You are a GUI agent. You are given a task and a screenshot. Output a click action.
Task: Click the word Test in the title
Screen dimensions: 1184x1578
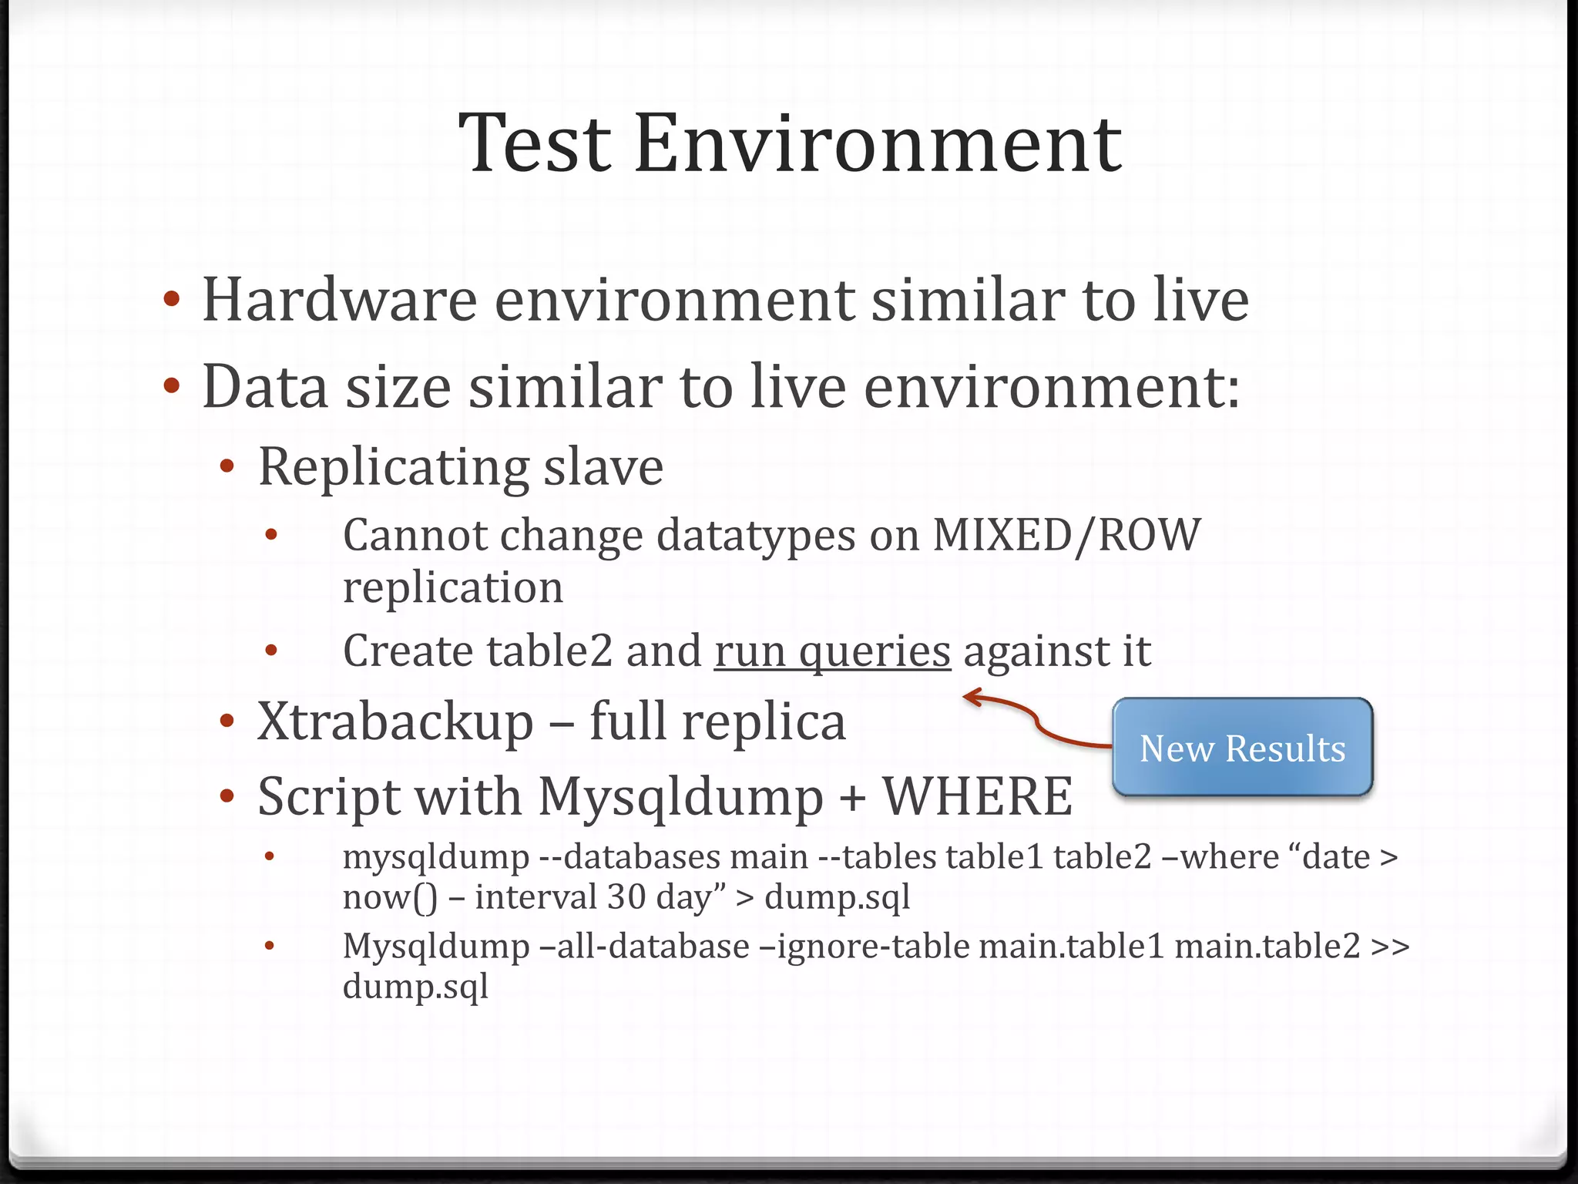(536, 143)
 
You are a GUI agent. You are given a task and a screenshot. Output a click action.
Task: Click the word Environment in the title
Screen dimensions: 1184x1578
(878, 143)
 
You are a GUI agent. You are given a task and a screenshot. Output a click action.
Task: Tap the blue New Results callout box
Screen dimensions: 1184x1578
(1242, 747)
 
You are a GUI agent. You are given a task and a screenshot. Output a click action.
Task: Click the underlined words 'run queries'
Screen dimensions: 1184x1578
(832, 651)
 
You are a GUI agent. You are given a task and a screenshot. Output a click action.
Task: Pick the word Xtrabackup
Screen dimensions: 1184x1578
(395, 722)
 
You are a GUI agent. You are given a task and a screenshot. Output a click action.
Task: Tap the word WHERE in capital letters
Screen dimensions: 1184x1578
(977, 796)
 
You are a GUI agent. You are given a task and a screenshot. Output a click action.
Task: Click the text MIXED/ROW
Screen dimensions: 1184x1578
(1066, 534)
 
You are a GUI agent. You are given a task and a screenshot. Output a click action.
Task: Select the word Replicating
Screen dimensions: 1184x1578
(393, 467)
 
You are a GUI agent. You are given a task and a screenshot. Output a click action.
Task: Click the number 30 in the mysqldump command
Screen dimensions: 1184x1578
(626, 897)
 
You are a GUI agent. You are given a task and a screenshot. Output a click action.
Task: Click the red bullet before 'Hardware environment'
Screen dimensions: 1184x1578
(172, 299)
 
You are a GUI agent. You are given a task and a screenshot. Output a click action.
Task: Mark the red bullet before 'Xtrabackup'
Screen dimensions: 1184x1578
(227, 722)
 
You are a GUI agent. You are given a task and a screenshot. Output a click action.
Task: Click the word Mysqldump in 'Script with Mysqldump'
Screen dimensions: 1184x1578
(680, 796)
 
